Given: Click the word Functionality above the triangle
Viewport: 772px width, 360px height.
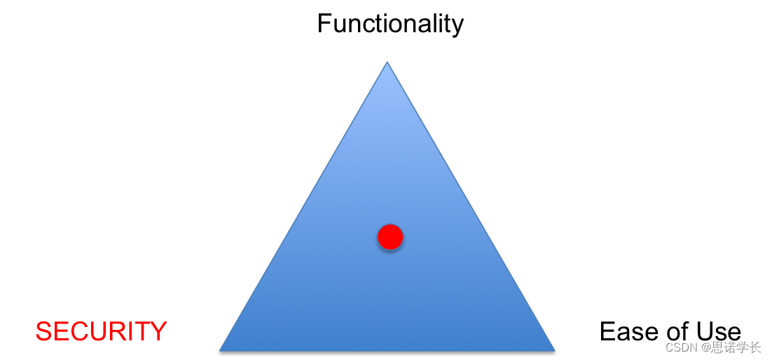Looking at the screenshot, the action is click(x=390, y=24).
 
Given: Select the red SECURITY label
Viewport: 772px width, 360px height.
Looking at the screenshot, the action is click(x=101, y=331).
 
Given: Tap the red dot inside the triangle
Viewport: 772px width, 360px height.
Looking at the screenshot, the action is click(x=390, y=237).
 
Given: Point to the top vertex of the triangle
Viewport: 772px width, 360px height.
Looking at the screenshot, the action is click(x=387, y=64).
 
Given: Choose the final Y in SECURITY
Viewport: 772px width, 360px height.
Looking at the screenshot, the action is click(x=158, y=331).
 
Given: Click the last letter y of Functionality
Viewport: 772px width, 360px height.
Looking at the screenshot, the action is click(x=457, y=27).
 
